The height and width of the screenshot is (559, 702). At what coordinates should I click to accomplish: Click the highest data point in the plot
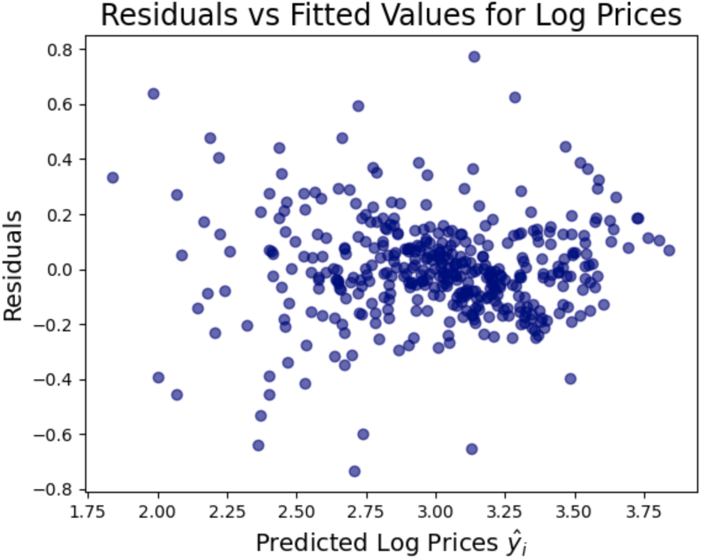click(474, 57)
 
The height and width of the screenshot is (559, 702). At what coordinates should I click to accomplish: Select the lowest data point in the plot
click(354, 471)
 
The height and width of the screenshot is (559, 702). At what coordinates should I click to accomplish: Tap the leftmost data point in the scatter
click(112, 178)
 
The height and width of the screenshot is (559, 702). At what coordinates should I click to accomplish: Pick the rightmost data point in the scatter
click(669, 250)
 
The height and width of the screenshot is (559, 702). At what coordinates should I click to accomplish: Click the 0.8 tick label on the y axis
click(59, 49)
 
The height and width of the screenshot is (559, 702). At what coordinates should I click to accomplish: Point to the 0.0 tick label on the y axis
click(59, 270)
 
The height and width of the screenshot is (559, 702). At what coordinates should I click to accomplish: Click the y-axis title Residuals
click(12, 266)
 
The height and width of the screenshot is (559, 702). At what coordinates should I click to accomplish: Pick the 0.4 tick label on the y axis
click(59, 160)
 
